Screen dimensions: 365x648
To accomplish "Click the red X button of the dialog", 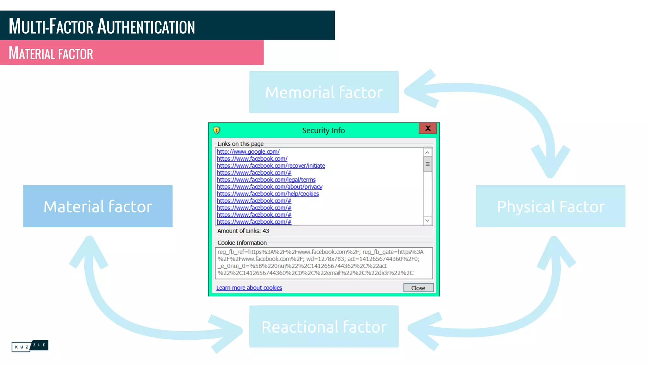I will (x=427, y=128).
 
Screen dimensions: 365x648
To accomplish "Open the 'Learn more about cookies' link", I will (x=249, y=288).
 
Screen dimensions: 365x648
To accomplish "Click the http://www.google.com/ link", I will (x=248, y=152).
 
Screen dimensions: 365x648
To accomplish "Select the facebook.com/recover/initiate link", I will (x=271, y=166).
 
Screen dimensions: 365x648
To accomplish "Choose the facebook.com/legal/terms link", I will (x=266, y=180).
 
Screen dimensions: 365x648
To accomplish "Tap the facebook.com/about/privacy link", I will (x=270, y=187).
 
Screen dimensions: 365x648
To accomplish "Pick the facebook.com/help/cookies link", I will (x=268, y=194).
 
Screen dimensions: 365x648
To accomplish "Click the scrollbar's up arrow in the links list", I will (x=427, y=152).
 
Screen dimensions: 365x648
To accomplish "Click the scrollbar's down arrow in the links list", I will (x=427, y=221).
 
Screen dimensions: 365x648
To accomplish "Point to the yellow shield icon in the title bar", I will (x=217, y=130).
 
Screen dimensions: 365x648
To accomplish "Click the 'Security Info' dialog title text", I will (x=323, y=131).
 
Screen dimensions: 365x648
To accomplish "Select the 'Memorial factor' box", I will (x=324, y=92).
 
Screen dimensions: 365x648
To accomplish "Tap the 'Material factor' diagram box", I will (x=98, y=206).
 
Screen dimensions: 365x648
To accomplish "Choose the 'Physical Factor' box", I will (x=551, y=206).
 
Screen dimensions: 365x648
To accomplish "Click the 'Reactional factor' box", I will (x=324, y=327).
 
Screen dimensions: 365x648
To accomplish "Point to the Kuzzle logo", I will (x=30, y=346).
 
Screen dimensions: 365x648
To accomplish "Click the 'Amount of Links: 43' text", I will (x=243, y=231).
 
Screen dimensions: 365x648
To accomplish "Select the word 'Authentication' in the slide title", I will (x=146, y=26).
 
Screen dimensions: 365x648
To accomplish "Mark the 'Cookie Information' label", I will (x=242, y=243).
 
